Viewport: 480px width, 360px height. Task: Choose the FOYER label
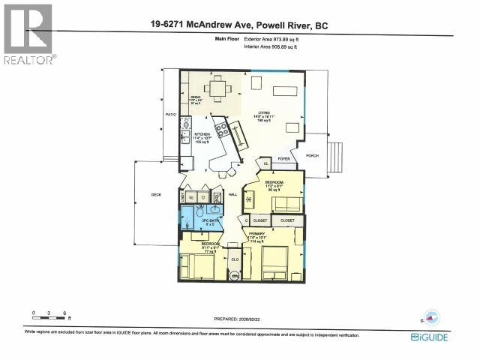tap(284, 159)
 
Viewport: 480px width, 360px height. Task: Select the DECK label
tap(156, 194)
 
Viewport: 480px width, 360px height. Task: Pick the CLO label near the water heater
tap(235, 259)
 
